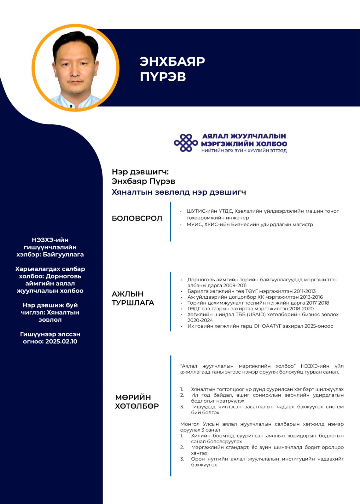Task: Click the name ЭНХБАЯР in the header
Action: tap(172, 61)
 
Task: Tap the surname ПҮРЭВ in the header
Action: tap(163, 77)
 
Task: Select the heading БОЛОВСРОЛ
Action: tap(137, 218)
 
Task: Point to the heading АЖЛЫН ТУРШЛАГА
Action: tap(133, 298)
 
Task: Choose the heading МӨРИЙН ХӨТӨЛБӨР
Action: tap(137, 402)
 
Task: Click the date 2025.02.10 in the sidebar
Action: tap(61, 341)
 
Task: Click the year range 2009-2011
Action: tap(235, 285)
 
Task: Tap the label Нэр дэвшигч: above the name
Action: tap(140, 172)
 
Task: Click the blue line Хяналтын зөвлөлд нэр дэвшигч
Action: tap(179, 192)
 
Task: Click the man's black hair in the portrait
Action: tap(75, 43)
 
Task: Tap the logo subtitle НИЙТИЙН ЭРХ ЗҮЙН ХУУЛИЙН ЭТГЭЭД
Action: tap(244, 151)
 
